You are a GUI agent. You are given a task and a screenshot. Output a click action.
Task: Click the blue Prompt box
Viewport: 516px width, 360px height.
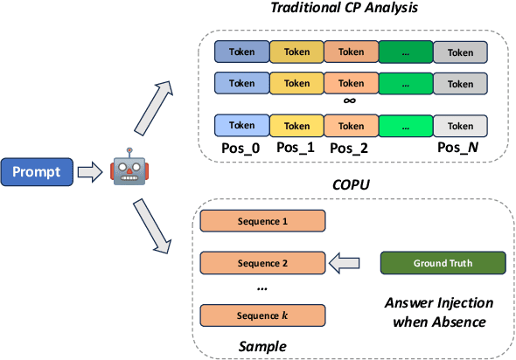(x=36, y=171)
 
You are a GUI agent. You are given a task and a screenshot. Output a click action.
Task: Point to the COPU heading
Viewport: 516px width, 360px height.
(x=351, y=186)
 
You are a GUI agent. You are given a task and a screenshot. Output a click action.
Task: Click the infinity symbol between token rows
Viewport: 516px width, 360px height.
(x=351, y=101)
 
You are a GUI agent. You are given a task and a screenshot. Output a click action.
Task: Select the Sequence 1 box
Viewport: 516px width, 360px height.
(x=263, y=222)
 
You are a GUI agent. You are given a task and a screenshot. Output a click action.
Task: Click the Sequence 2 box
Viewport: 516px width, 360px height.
(x=263, y=262)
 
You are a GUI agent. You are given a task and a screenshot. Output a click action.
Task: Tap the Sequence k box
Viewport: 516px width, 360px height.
(x=263, y=315)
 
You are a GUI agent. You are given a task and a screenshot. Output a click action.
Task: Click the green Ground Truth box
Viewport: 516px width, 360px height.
(x=443, y=262)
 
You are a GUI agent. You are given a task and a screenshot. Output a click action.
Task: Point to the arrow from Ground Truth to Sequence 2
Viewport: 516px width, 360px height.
(x=348, y=262)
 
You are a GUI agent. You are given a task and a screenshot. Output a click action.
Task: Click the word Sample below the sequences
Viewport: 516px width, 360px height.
(x=262, y=346)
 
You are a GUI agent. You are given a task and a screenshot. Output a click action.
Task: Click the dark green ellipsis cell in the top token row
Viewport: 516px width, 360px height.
(x=405, y=52)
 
